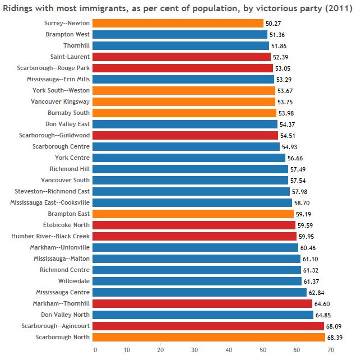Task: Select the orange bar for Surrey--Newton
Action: (178, 23)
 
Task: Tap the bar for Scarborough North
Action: (209, 337)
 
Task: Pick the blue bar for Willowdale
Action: (197, 281)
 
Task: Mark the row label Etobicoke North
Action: (66, 225)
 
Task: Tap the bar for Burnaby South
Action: (184, 113)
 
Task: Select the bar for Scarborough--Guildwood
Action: (185, 135)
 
